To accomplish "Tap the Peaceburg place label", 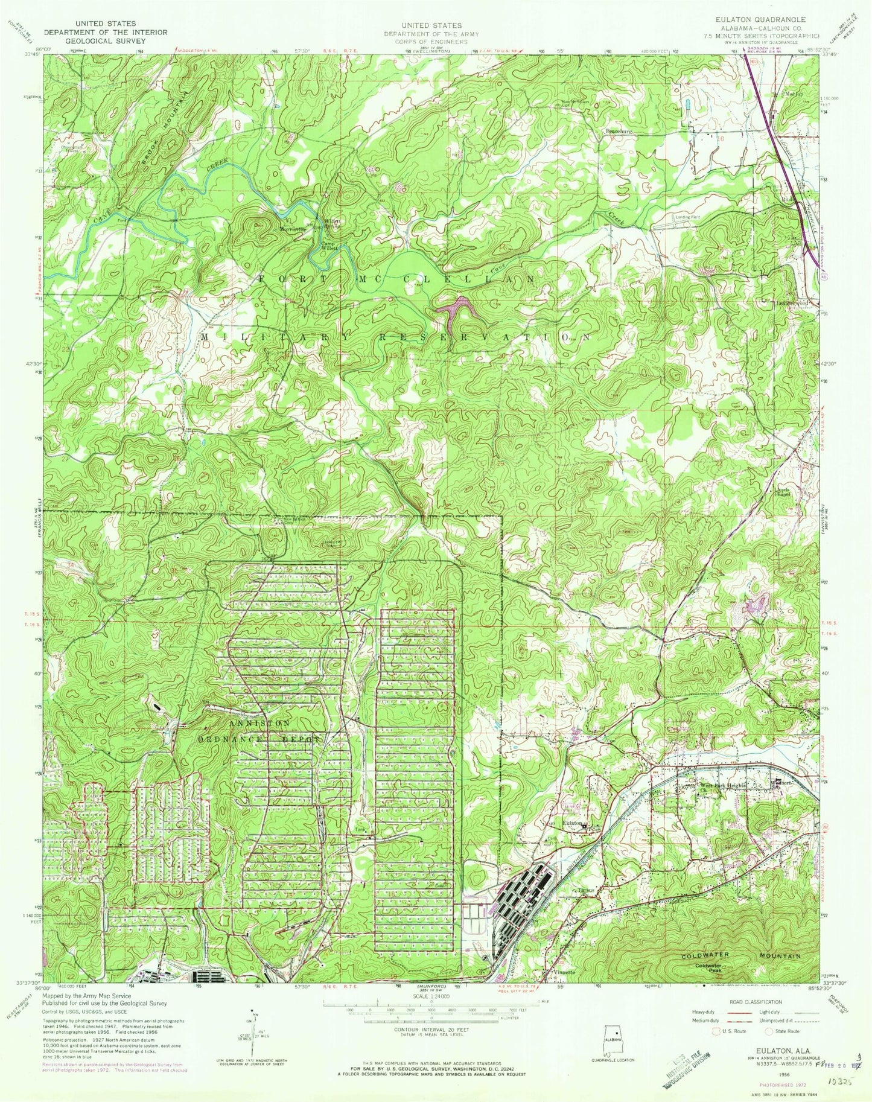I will point(617,130).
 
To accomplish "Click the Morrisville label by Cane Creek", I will point(293,229).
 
